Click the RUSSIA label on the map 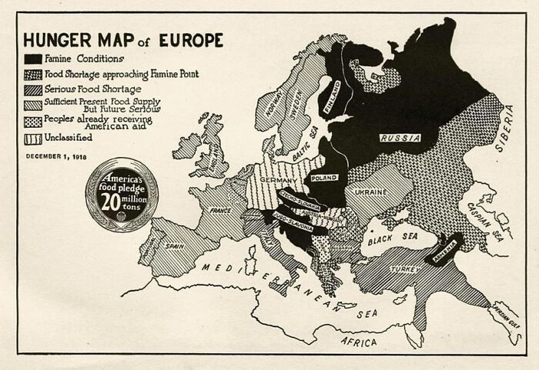(x=400, y=138)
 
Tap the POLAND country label (x=324, y=178)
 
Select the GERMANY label (x=283, y=179)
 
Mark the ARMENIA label (x=445, y=247)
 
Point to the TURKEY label (x=405, y=269)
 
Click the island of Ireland (x=186, y=145)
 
